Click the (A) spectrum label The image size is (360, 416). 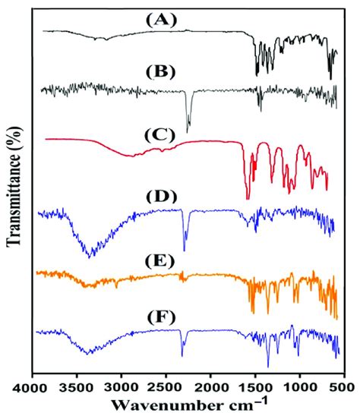click(x=159, y=20)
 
